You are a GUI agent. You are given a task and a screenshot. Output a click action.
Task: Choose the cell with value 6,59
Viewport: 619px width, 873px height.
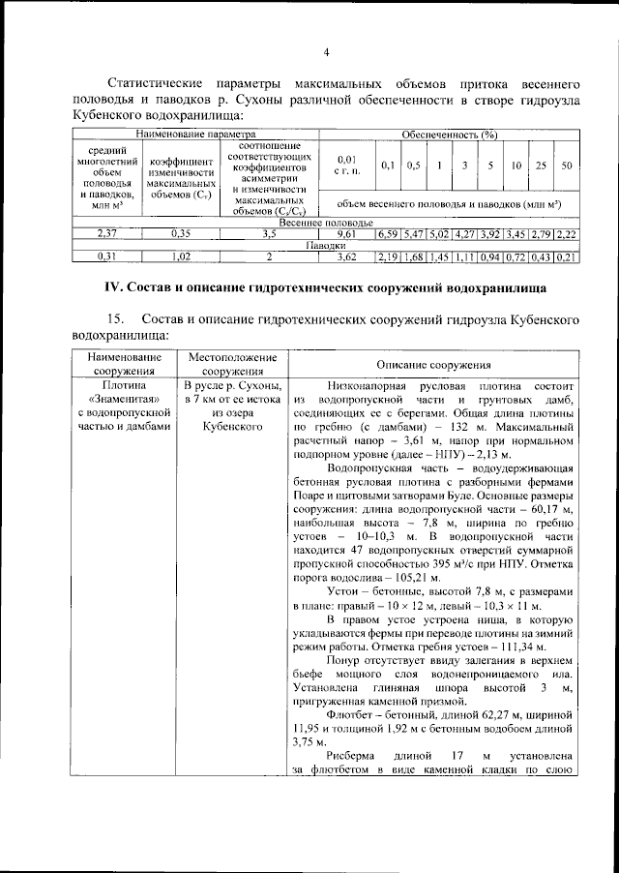tap(388, 234)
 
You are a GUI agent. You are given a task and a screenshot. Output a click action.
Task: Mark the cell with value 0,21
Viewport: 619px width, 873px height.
tap(567, 257)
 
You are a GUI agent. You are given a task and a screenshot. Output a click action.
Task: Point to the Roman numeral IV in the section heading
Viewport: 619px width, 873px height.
tap(113, 287)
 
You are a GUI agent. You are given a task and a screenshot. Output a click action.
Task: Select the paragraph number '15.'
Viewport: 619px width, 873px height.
tap(117, 318)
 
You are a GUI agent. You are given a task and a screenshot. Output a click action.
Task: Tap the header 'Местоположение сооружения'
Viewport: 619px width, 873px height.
tap(233, 363)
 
